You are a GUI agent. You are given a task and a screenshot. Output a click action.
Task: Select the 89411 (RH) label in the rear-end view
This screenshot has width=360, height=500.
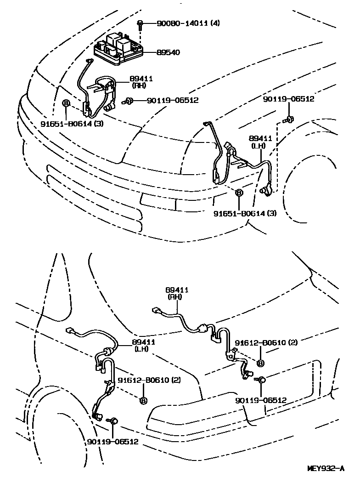(176, 293)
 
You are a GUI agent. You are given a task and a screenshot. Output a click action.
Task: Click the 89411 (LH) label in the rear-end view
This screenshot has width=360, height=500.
(142, 345)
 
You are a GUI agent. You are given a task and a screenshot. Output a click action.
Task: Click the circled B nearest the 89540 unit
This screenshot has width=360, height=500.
(66, 103)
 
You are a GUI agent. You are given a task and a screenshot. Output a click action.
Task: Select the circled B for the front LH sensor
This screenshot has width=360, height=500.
(239, 193)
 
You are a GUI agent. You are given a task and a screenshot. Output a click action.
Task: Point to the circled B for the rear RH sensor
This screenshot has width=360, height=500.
(260, 363)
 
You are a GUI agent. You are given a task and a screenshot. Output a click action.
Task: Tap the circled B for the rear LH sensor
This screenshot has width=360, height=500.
(143, 400)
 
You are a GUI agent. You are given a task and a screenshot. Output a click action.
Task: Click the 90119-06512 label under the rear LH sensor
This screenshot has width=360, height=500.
(112, 442)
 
